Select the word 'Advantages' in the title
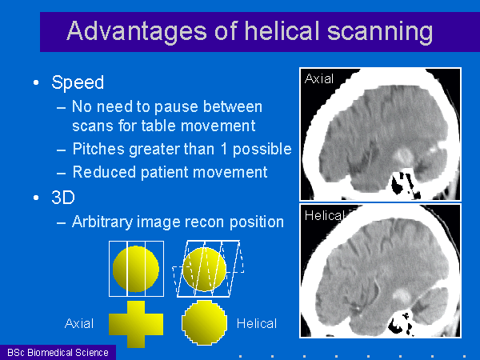pos(137,32)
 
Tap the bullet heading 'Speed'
pos(78,82)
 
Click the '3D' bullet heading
pos(63,198)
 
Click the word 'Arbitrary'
pos(102,222)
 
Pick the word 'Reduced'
pos(104,172)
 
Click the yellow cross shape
pos(136,324)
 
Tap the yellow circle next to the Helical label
pos(205,322)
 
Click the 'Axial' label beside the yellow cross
pos(79,323)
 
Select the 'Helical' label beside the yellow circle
pos(257,323)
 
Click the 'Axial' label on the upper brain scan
pos(319,79)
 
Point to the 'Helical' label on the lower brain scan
pos(325,216)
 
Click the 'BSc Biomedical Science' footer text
pos(58,353)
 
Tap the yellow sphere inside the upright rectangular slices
pos(136,269)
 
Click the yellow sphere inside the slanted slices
pos(204,269)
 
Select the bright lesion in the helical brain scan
pos(402,296)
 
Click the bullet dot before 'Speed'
pos(36,82)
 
